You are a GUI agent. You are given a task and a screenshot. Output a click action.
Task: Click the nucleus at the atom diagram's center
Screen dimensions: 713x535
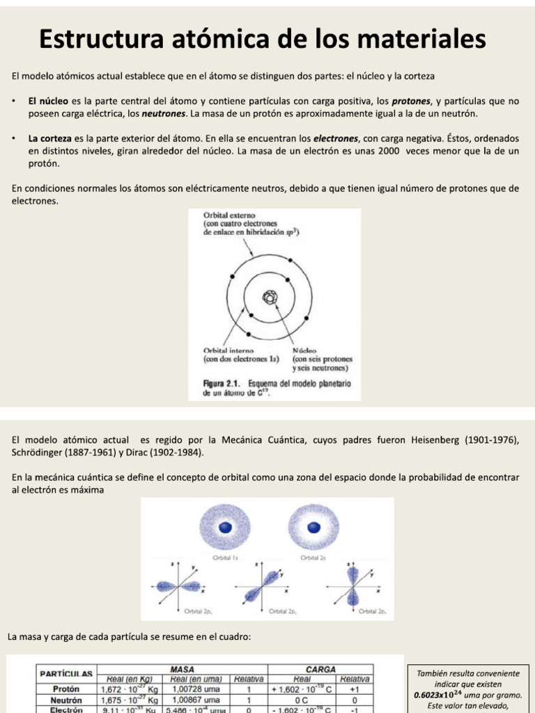pyautogui.click(x=270, y=298)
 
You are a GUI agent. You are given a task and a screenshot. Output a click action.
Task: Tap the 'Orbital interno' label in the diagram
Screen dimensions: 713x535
pyautogui.click(x=228, y=350)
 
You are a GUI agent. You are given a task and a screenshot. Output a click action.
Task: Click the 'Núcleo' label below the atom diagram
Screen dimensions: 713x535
pyautogui.click(x=305, y=350)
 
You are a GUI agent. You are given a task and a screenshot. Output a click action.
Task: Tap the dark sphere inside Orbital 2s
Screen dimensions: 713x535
pyautogui.click(x=312, y=526)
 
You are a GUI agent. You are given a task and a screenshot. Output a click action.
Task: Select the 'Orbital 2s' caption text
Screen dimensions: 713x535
pyautogui.click(x=313, y=557)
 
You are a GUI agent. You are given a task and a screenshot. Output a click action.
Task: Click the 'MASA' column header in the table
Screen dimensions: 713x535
pyautogui.click(x=182, y=669)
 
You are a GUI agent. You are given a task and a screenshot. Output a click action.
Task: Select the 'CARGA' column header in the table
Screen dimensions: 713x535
pyautogui.click(x=321, y=669)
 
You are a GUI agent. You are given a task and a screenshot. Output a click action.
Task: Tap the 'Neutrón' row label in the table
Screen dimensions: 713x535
pyautogui.click(x=67, y=700)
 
